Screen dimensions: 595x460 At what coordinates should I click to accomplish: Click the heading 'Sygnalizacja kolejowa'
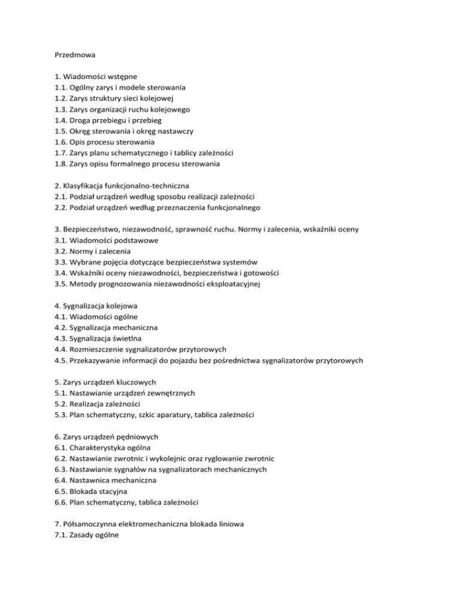point(105,305)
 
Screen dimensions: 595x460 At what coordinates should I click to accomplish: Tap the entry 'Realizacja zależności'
point(108,403)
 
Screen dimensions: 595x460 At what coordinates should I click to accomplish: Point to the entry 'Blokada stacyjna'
point(98,490)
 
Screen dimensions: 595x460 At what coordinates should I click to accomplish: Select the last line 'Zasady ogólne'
point(93,533)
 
